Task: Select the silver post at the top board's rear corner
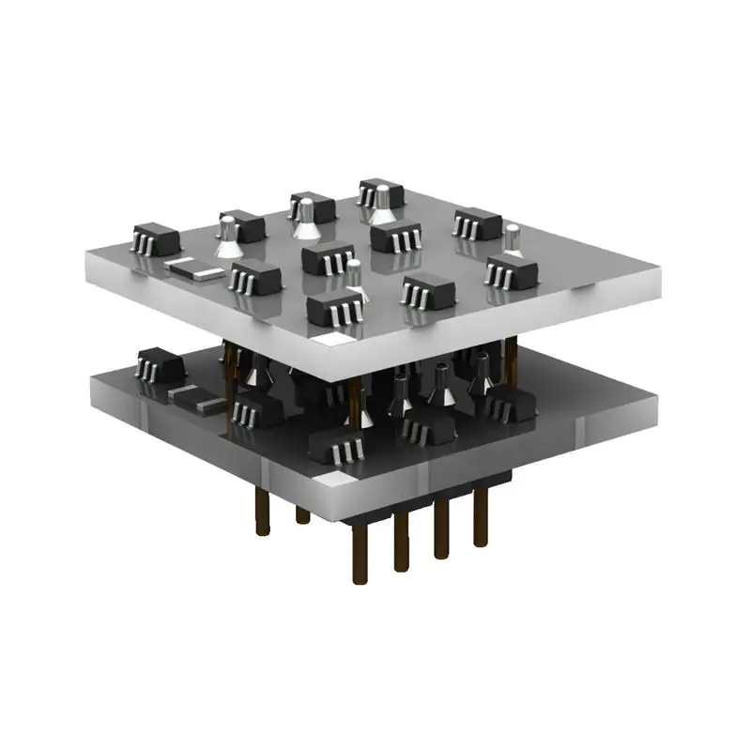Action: click(382, 198)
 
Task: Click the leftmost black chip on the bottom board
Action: click(157, 364)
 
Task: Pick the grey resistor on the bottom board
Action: click(194, 400)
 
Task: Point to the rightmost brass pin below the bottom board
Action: click(482, 522)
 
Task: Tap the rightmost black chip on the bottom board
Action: click(508, 404)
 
